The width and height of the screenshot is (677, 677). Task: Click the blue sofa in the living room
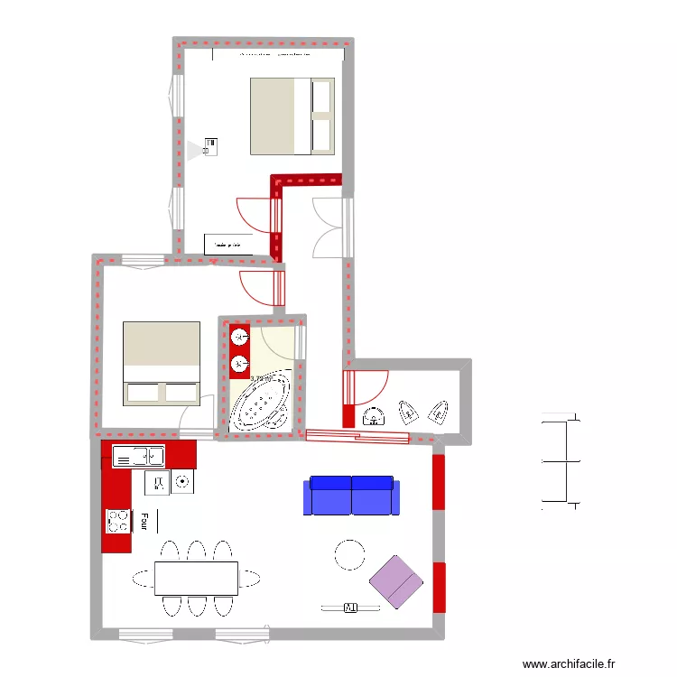(351, 496)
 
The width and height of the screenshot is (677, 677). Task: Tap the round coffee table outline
(349, 554)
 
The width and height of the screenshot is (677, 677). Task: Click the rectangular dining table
(196, 577)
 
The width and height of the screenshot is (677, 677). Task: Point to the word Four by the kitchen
(144, 521)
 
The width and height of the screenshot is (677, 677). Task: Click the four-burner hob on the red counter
(118, 520)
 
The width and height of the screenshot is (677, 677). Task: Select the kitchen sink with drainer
(138, 457)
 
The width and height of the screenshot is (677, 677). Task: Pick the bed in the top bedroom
(292, 116)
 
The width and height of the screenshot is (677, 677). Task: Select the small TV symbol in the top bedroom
(210, 146)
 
